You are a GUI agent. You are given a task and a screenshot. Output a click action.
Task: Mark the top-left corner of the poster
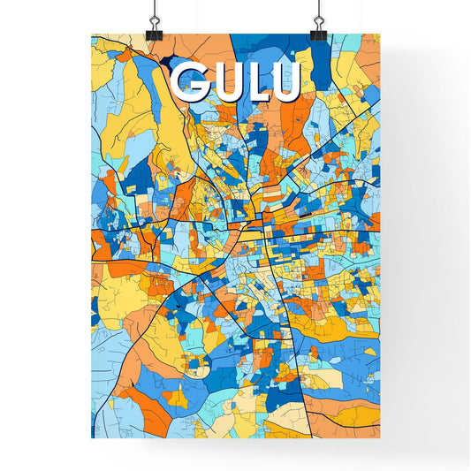tap(92, 34)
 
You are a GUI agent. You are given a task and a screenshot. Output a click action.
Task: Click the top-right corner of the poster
tap(379, 34)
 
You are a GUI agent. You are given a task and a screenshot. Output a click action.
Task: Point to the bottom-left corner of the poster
tap(92, 438)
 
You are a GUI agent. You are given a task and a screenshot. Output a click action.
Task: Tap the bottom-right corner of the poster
tap(379, 438)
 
